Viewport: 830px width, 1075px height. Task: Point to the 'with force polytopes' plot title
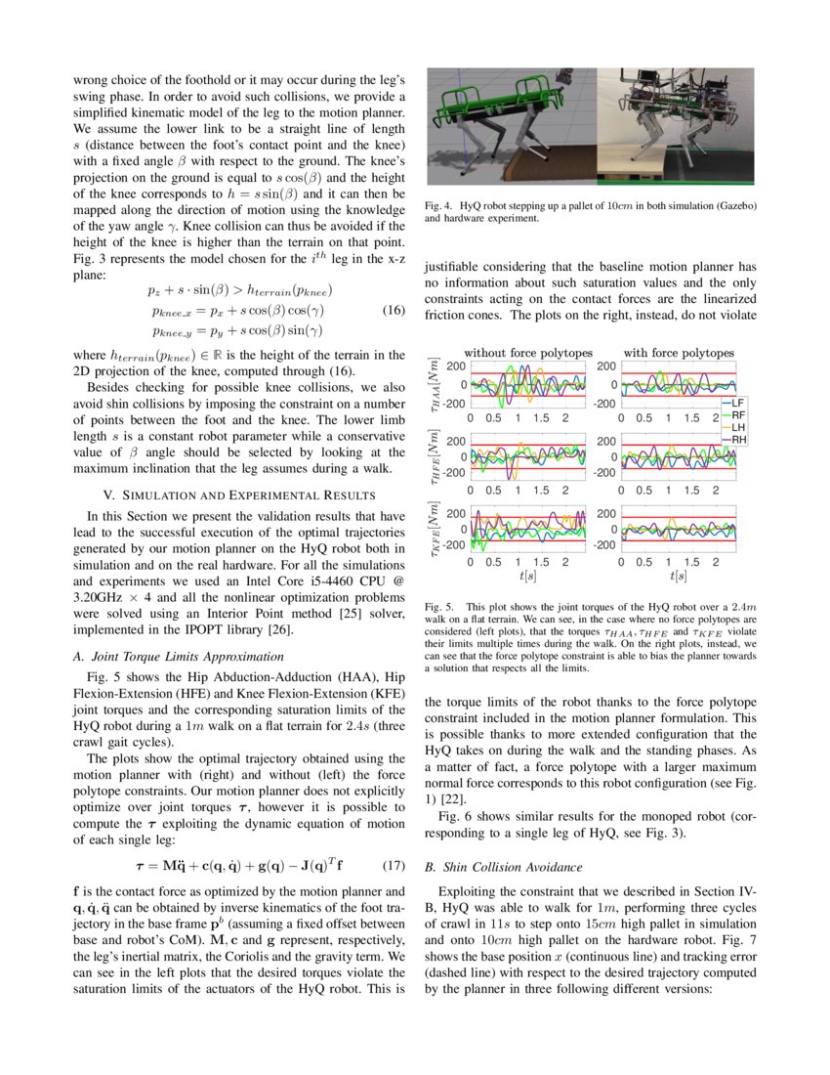click(x=679, y=352)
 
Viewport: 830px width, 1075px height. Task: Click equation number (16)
click(x=393, y=311)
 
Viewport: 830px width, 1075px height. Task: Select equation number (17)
click(x=393, y=865)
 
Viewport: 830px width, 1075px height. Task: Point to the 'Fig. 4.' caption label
click(x=440, y=207)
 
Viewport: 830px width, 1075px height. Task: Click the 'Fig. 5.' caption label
click(x=440, y=607)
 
